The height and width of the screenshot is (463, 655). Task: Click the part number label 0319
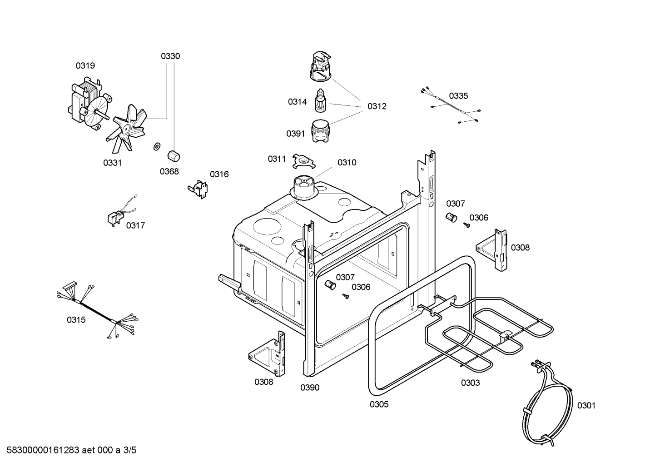point(85,66)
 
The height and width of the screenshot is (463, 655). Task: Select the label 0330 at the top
point(170,56)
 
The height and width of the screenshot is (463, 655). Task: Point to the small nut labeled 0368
point(173,156)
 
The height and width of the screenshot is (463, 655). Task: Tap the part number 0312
point(377,106)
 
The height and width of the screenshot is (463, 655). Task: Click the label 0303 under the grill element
point(470,383)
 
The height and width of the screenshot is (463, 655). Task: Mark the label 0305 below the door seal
point(379,404)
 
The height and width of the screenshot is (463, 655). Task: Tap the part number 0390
point(310,388)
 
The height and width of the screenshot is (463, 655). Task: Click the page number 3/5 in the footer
point(130,450)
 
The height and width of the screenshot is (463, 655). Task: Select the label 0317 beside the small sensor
point(135,225)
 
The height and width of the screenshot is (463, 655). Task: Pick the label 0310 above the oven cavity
point(347,163)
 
